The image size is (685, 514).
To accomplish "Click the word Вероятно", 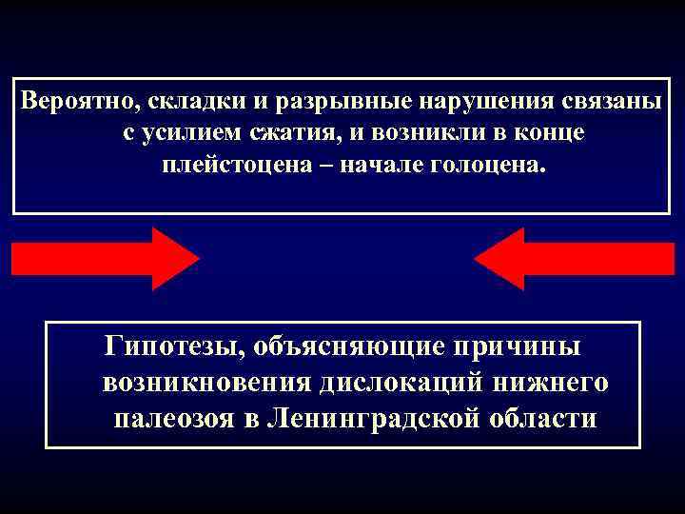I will click(66, 101).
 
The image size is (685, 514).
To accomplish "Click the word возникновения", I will click(204, 382).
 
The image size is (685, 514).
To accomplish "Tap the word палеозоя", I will click(180, 418).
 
